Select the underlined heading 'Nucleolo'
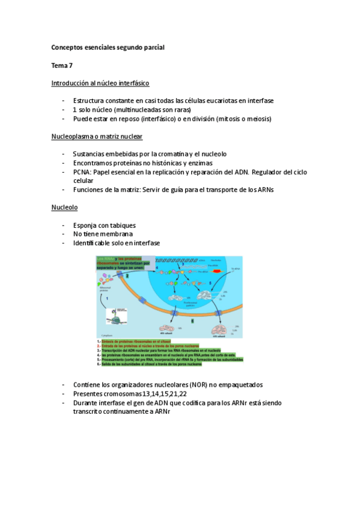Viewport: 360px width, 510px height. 64,207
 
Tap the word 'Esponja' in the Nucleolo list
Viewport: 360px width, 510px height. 86,226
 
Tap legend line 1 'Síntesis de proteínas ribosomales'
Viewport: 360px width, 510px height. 138,342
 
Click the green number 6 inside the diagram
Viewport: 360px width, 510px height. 192,321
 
